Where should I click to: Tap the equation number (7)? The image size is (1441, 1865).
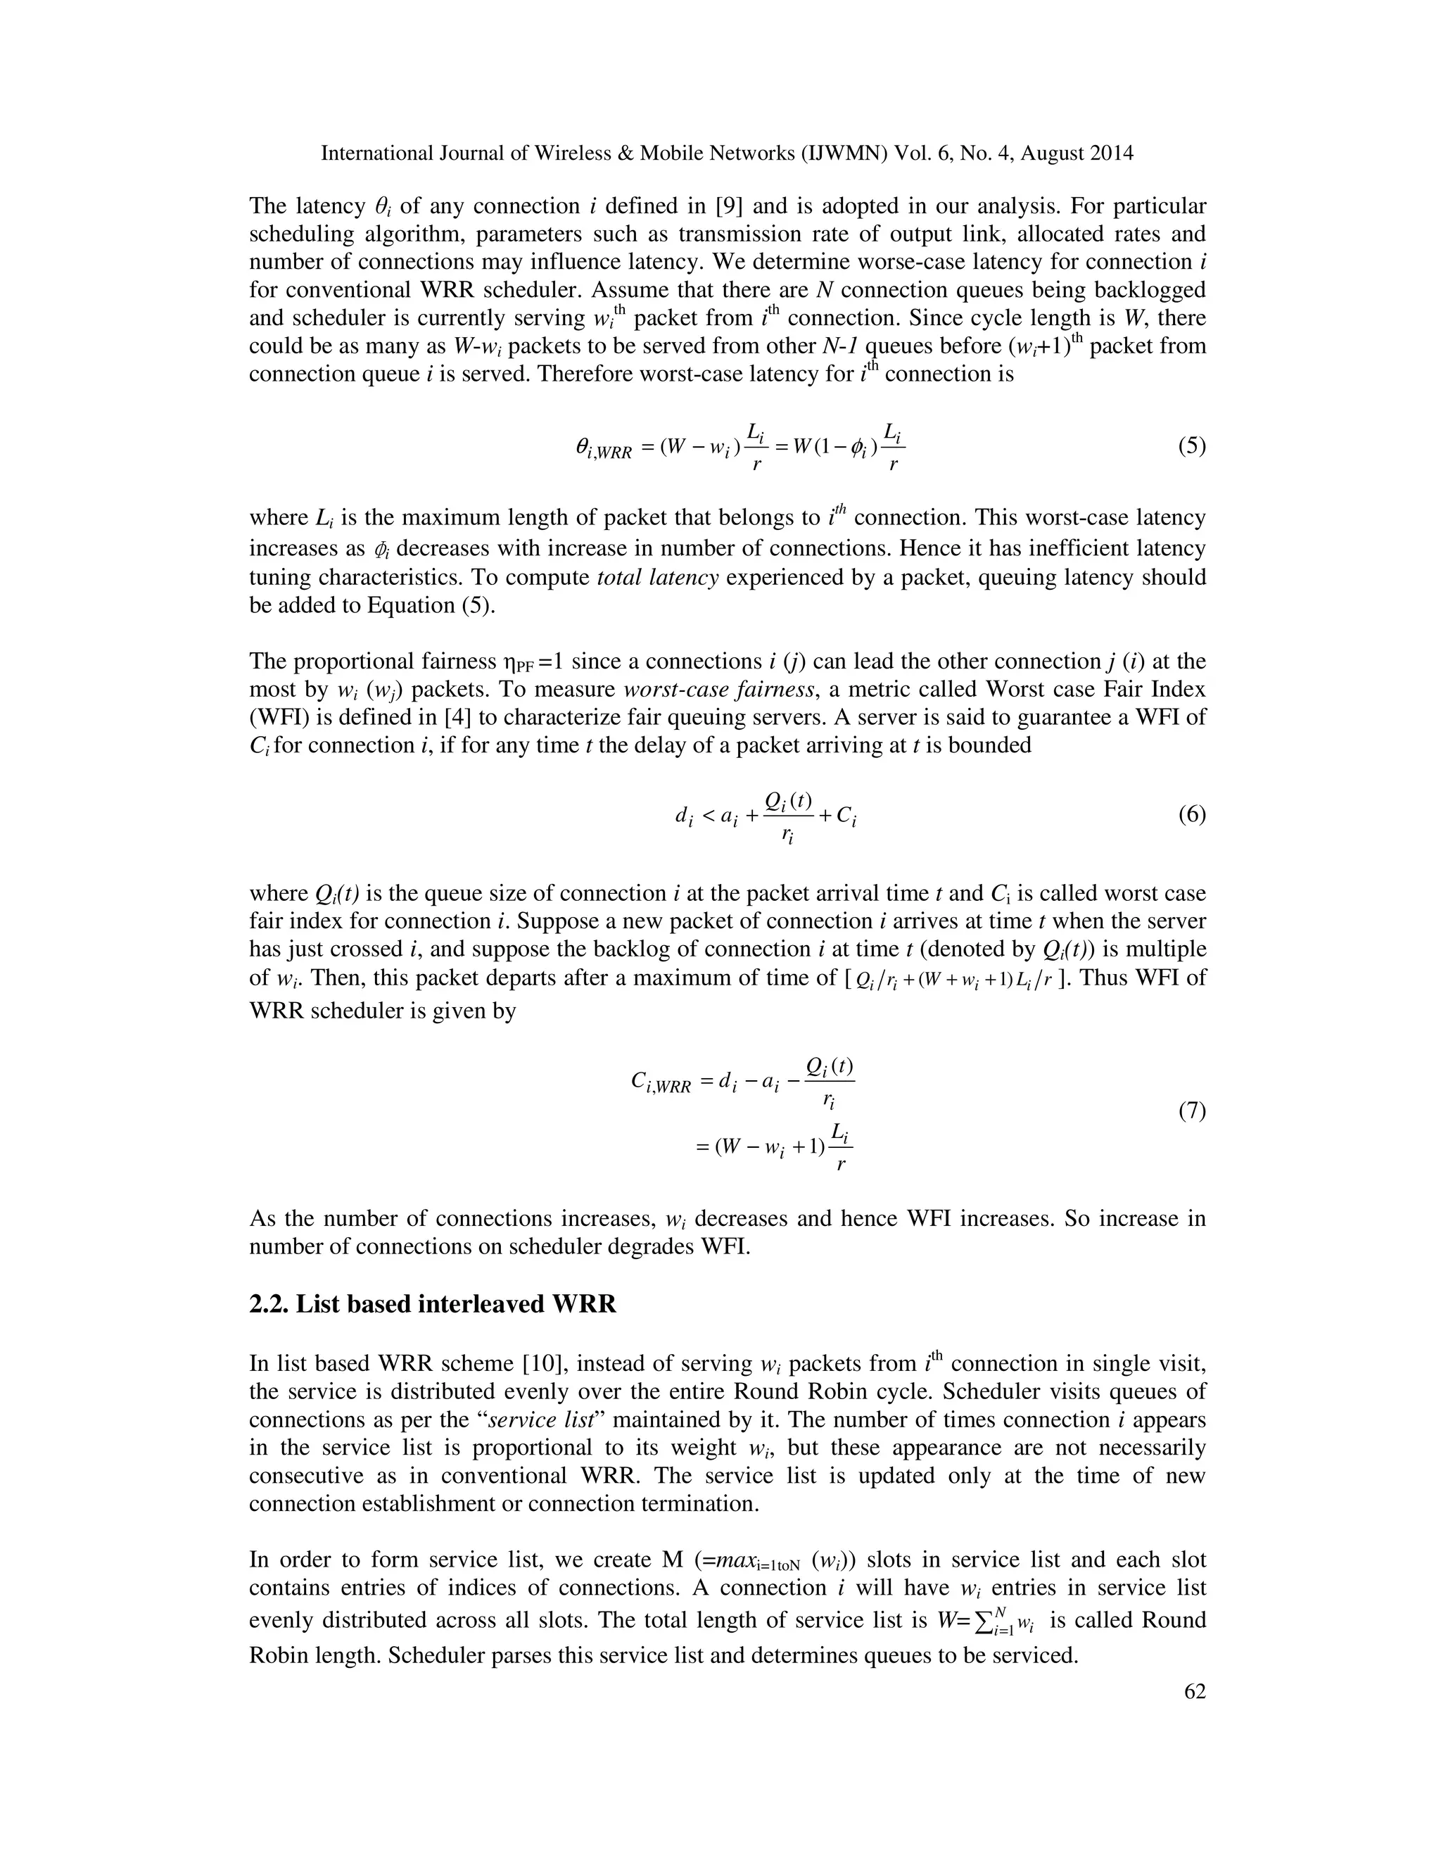(1191, 1111)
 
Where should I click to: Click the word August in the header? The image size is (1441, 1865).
(1058, 153)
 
